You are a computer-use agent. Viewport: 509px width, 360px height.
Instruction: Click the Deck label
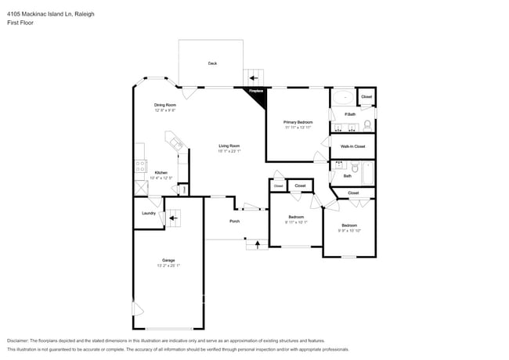point(212,63)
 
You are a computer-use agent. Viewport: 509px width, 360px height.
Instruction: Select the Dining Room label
point(164,105)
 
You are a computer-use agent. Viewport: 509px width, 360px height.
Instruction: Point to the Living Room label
point(229,146)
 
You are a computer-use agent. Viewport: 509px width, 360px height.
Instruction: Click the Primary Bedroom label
point(298,122)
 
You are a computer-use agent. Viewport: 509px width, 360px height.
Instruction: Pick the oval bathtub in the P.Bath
point(342,98)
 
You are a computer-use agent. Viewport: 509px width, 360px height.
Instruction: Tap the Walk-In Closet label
point(352,146)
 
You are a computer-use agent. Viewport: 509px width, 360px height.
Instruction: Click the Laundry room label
point(148,213)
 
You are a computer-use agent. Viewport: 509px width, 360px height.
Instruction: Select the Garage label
point(168,260)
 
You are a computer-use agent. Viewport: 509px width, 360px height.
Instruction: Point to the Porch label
point(234,221)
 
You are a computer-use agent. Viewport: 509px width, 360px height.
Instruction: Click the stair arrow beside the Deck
point(253,77)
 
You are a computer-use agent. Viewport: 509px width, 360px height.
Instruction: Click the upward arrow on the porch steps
point(255,245)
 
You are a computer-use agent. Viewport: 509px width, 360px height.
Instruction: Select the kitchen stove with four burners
point(141,166)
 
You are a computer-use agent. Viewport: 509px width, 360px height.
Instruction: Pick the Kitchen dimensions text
point(160,178)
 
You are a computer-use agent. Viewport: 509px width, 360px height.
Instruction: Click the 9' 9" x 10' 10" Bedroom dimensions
point(348,230)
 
